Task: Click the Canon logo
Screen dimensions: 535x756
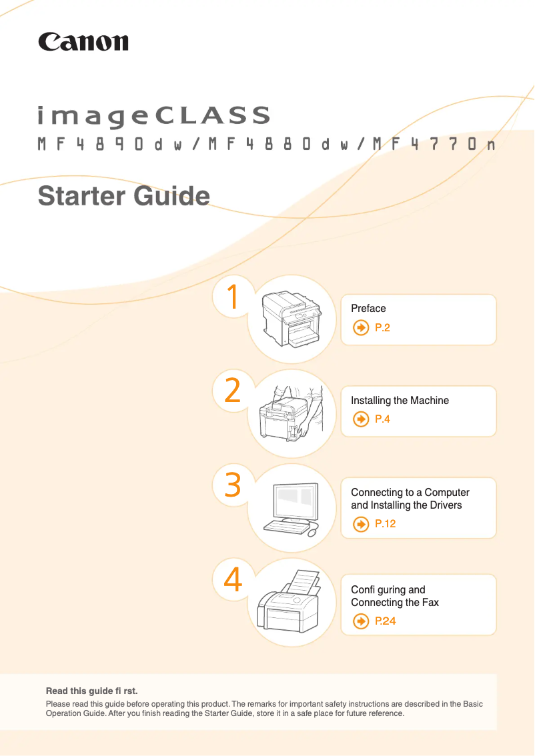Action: (x=83, y=42)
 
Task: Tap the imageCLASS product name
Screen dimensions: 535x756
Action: (x=154, y=116)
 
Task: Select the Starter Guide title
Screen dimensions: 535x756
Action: (x=124, y=196)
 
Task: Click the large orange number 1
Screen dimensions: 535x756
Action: (x=233, y=296)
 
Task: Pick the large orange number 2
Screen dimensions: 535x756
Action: (x=233, y=390)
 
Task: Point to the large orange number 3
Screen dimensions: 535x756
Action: (x=233, y=485)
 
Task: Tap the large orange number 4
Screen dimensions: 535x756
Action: (x=233, y=579)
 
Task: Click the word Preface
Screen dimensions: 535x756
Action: (x=368, y=308)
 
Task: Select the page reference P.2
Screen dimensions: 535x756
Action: (x=382, y=328)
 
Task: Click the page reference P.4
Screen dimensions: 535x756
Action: (x=382, y=419)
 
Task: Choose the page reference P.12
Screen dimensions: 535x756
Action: (x=385, y=523)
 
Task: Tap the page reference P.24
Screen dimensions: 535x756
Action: (x=385, y=621)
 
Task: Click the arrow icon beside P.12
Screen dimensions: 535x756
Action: (x=360, y=523)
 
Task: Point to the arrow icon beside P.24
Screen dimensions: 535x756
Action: (x=360, y=621)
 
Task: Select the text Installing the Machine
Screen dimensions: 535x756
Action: (x=400, y=401)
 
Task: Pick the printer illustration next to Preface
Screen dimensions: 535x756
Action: (x=292, y=318)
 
